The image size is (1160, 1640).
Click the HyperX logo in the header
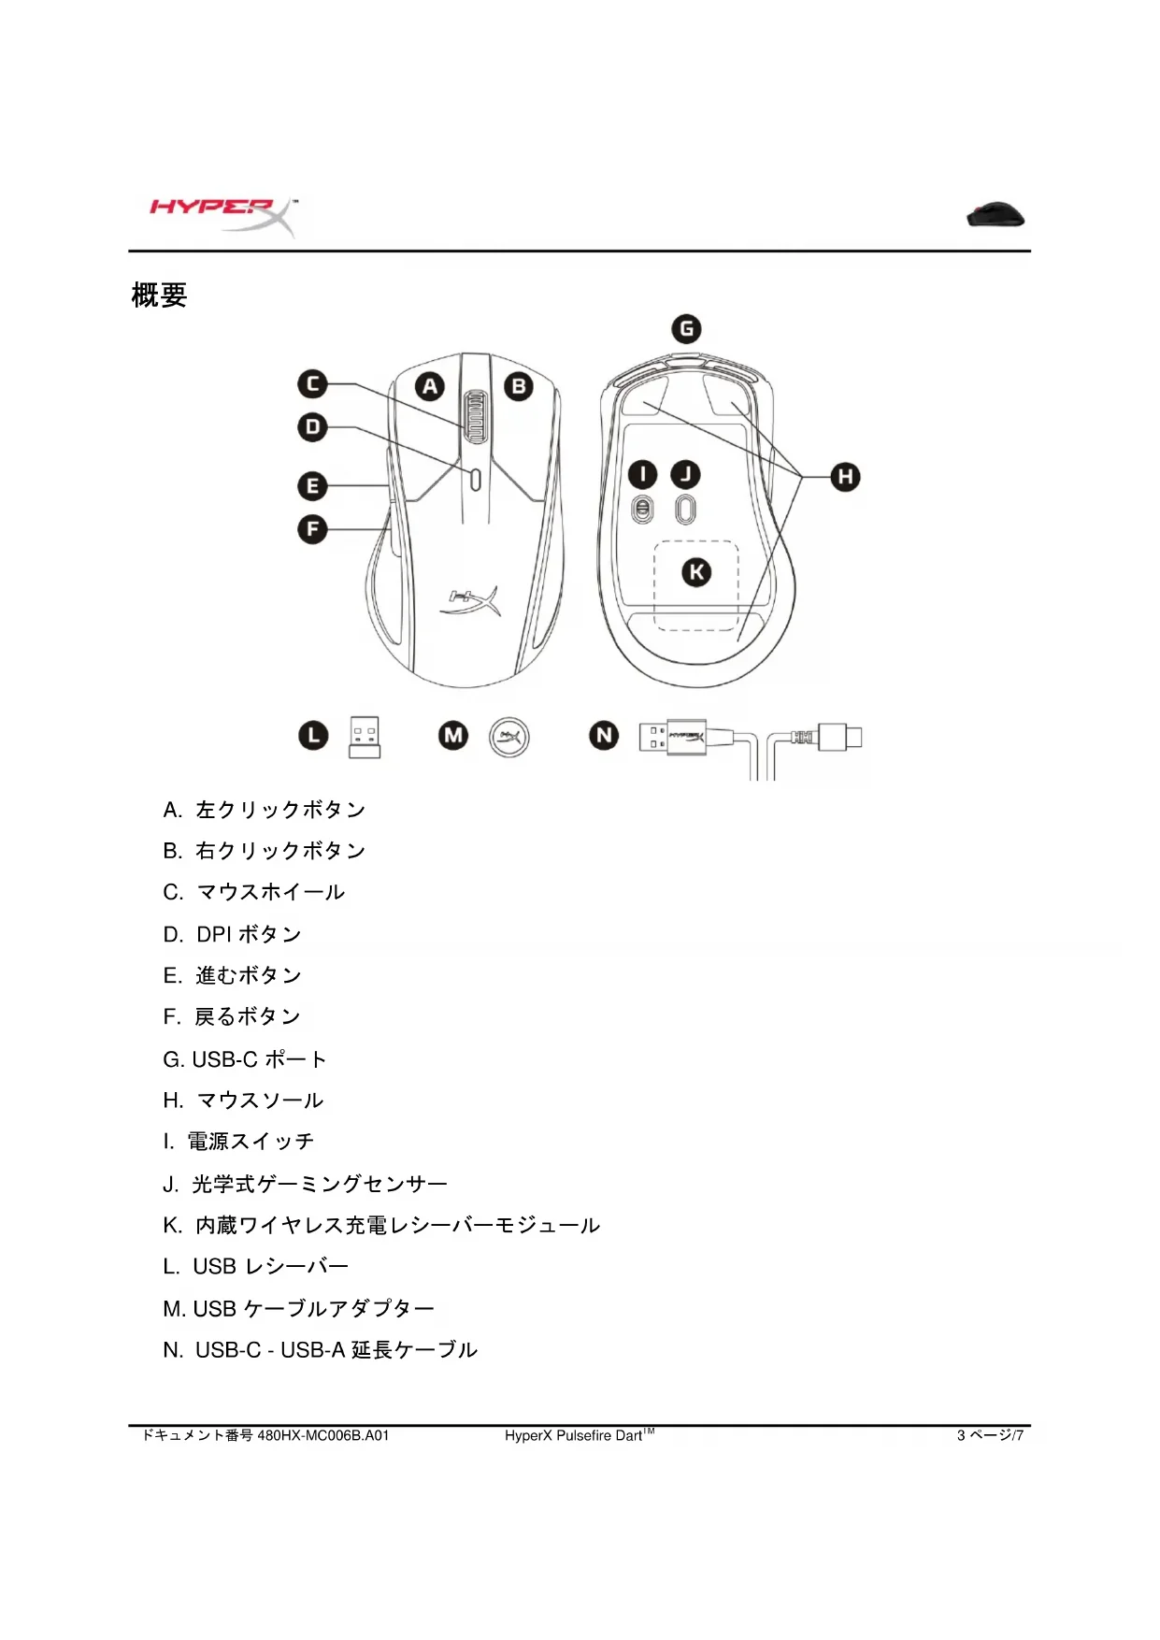[222, 216]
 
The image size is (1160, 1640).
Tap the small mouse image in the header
[995, 215]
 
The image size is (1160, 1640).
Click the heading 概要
[160, 295]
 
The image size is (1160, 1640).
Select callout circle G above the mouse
[687, 329]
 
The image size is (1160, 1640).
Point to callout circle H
[845, 477]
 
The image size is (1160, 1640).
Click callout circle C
[312, 384]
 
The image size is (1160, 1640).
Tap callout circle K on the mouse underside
[696, 572]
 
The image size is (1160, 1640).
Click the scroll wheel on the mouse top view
[476, 416]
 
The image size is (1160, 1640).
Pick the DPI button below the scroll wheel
[476, 479]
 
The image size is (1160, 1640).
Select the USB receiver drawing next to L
[365, 737]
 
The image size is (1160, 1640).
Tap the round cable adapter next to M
[509, 738]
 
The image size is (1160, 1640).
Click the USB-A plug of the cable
[672, 737]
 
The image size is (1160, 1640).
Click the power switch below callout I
[642, 511]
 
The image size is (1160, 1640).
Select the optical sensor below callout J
[686, 510]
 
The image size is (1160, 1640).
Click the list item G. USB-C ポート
[245, 1059]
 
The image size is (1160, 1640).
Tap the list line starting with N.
[320, 1350]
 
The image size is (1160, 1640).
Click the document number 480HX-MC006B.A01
[322, 1435]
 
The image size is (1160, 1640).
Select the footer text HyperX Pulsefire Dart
[574, 1435]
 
